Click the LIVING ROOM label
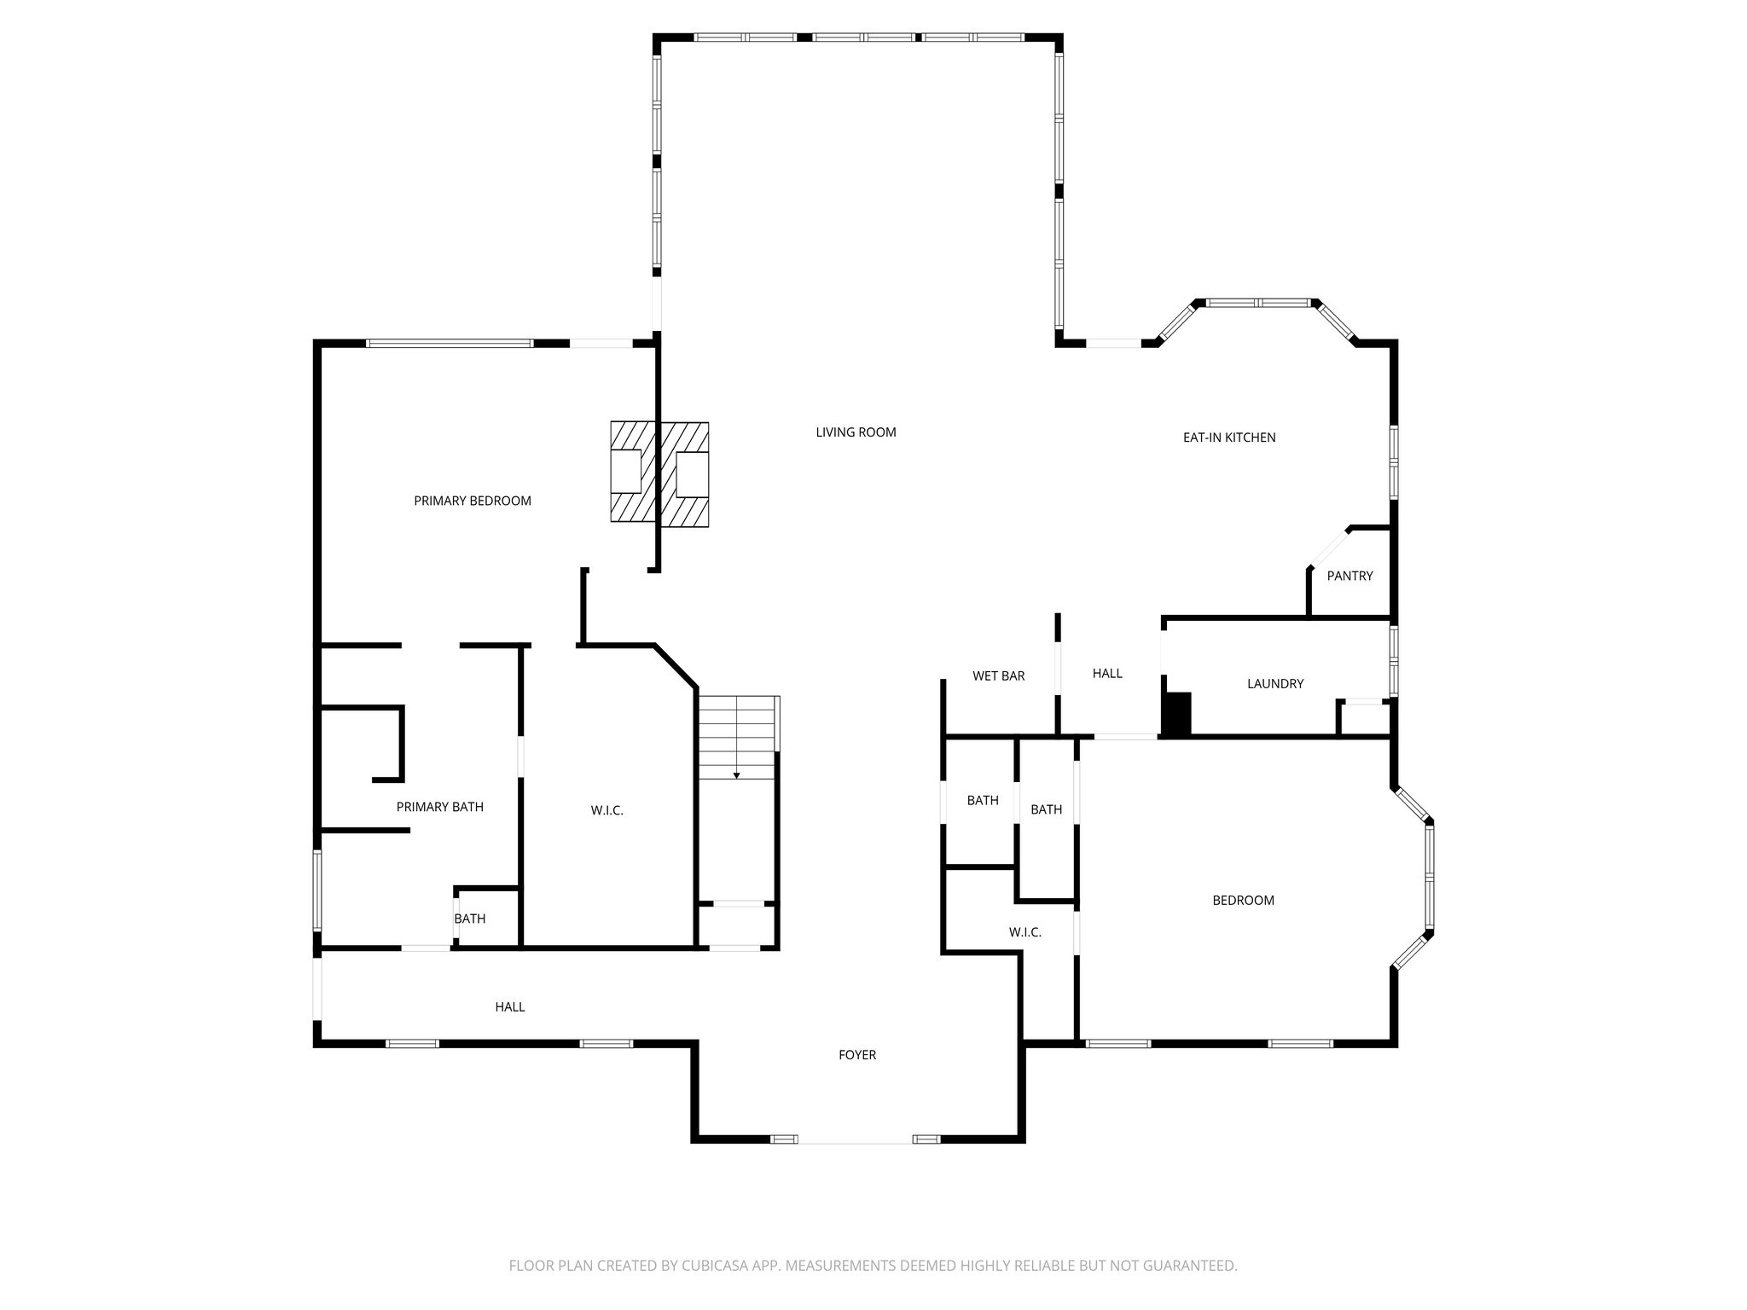[x=856, y=432]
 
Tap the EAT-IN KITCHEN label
[x=1229, y=438]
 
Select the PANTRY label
[x=1349, y=576]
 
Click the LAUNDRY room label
[x=1274, y=683]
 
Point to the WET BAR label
[x=998, y=675]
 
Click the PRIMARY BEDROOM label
[x=473, y=501]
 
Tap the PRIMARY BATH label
[x=439, y=806]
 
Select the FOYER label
[x=857, y=1054]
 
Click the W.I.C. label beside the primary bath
[x=607, y=810]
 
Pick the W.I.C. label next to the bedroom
[x=1024, y=932]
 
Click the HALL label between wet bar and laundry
[x=1107, y=673]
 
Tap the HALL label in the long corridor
[x=510, y=1006]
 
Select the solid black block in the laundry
[x=1178, y=714]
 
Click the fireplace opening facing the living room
[x=692, y=473]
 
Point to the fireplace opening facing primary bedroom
[x=626, y=471]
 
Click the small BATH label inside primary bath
[x=469, y=919]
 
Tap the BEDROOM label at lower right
[x=1243, y=900]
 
